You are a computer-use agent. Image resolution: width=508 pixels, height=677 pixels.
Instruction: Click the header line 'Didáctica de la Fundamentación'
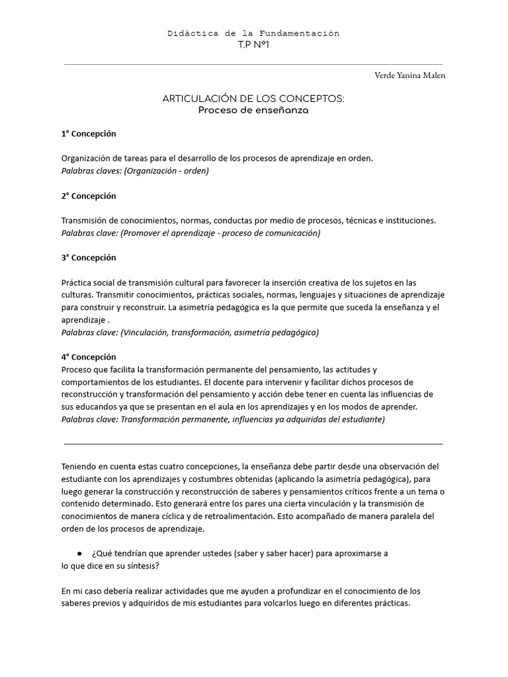click(253, 33)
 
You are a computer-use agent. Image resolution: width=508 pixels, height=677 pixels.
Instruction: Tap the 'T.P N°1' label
click(253, 44)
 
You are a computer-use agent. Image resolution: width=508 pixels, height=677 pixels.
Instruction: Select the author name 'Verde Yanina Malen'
click(410, 75)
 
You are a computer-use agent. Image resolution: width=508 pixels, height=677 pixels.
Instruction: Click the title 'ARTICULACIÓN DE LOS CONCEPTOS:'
click(253, 99)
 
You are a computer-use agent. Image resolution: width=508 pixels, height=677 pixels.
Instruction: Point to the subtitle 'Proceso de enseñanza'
click(253, 110)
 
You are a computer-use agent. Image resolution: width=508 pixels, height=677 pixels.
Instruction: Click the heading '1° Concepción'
click(89, 134)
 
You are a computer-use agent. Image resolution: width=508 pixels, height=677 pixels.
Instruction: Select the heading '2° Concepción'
click(89, 196)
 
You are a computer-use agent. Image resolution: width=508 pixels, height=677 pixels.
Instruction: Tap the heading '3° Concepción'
click(89, 257)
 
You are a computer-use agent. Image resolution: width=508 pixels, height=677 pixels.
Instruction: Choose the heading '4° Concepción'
click(89, 357)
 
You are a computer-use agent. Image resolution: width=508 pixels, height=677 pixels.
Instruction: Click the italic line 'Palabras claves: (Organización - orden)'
click(135, 171)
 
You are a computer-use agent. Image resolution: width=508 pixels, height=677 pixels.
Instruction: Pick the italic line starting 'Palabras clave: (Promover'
click(190, 233)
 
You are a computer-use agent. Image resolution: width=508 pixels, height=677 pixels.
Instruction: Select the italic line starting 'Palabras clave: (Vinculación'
click(190, 332)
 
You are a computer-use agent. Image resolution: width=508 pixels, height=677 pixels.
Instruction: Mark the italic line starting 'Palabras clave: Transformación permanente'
click(223, 419)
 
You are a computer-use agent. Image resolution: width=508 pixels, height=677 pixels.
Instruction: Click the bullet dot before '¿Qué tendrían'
click(79, 553)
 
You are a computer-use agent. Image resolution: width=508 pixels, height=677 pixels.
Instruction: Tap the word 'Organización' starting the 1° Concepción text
click(87, 158)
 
